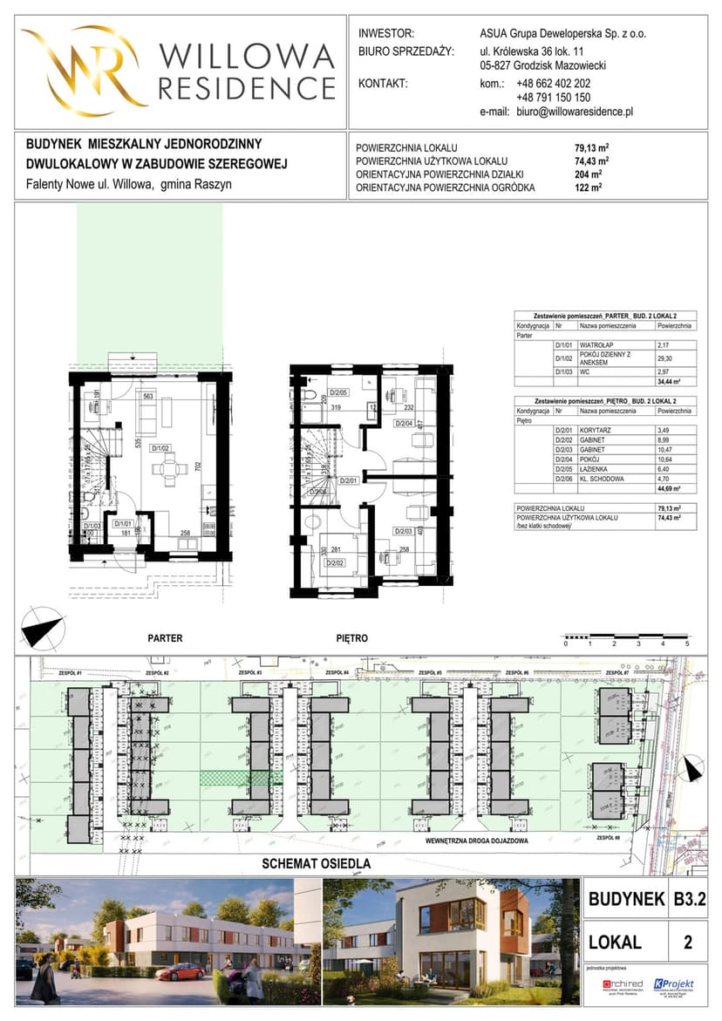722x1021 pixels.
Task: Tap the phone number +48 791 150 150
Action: click(x=553, y=99)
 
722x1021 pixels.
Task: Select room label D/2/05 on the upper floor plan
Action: click(x=337, y=393)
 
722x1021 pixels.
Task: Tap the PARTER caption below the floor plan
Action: click(x=165, y=638)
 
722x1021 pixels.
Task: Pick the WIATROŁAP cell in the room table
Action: click(x=598, y=344)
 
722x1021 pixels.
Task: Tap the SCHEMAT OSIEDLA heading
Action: click(x=317, y=864)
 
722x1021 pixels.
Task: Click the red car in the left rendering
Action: click(x=181, y=971)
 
